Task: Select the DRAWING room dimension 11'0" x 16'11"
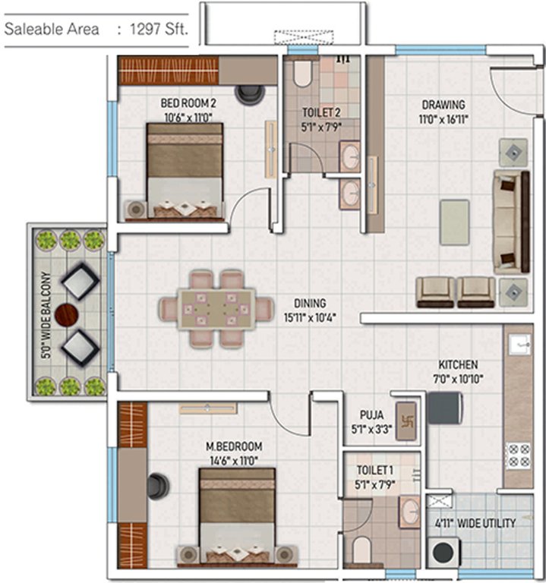(443, 119)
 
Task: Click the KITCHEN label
(457, 364)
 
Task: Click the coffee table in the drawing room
(454, 222)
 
